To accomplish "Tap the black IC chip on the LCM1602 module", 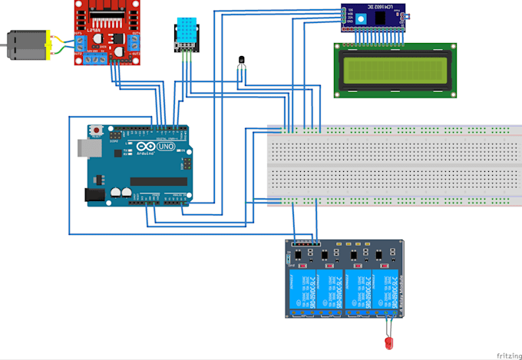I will (382, 17).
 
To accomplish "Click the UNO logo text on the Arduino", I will (164, 146).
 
